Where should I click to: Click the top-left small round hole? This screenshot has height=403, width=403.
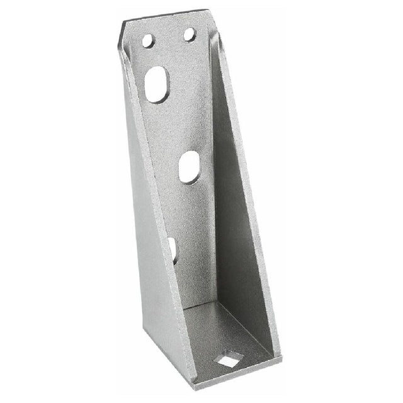click(149, 41)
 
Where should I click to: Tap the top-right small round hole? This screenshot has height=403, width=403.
click(190, 34)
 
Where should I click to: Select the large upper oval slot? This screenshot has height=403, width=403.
click(157, 84)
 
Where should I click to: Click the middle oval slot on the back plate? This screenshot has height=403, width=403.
click(189, 167)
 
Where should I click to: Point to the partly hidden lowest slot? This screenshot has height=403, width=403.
click(173, 249)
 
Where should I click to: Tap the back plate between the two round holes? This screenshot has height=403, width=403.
click(169, 38)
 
